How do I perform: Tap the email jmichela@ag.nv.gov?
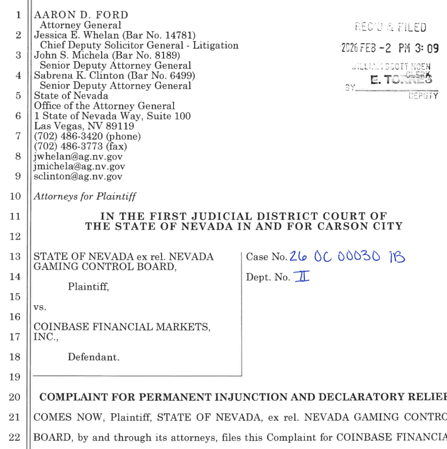(x=79, y=166)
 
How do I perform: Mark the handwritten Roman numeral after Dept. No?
(x=302, y=276)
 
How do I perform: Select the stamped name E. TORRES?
(x=401, y=80)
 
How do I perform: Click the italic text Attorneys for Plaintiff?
(x=85, y=196)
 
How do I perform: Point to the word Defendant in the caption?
(x=93, y=357)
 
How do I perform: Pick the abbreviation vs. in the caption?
(x=40, y=307)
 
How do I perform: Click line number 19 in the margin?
(x=15, y=377)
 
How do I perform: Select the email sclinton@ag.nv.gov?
(x=78, y=176)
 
